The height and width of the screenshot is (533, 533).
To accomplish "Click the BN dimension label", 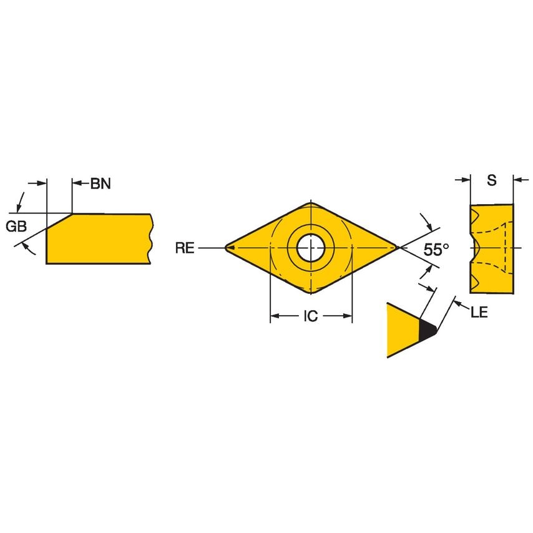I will pyautogui.click(x=101, y=183).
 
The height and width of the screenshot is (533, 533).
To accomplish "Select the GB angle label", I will pyautogui.click(x=16, y=226).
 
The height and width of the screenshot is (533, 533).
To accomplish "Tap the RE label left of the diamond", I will pyautogui.click(x=185, y=248).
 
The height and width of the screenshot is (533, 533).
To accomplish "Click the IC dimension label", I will pyautogui.click(x=311, y=316).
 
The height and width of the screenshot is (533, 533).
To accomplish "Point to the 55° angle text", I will pyautogui.click(x=436, y=250).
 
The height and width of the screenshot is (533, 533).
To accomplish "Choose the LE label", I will pyautogui.click(x=479, y=312).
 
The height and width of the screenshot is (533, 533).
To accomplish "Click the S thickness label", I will pyautogui.click(x=492, y=180).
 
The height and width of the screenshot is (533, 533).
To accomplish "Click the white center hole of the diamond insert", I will pyautogui.click(x=310, y=248).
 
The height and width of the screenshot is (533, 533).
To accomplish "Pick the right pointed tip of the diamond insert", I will pyautogui.click(x=396, y=248).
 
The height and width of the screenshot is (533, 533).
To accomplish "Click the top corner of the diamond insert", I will pyautogui.click(x=311, y=203).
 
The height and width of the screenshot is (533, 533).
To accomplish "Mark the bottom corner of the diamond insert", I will pyautogui.click(x=311, y=293).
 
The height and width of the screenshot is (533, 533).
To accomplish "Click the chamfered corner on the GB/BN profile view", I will pyautogui.click(x=59, y=222).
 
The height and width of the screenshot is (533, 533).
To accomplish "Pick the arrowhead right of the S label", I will pyautogui.click(x=517, y=180).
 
